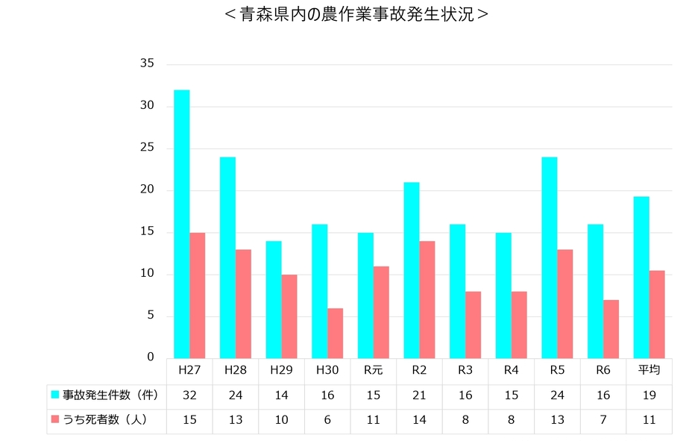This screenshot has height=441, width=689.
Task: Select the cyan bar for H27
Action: click(x=182, y=224)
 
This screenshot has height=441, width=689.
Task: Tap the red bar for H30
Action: click(x=336, y=333)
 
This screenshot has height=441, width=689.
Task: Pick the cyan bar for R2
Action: click(x=412, y=270)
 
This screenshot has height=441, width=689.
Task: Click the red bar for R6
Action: click(x=611, y=328)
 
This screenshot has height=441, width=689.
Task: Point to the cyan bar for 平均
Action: click(x=641, y=277)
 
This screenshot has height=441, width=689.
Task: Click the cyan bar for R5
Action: click(x=549, y=257)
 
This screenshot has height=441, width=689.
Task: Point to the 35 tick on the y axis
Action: click(x=147, y=64)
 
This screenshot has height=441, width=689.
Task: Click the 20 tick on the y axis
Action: click(x=147, y=190)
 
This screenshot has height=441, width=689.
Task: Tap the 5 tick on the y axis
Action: click(x=150, y=316)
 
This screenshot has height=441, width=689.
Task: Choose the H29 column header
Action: click(x=281, y=370)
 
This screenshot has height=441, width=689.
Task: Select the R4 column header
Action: click(x=511, y=370)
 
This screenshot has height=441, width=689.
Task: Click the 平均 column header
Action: click(x=649, y=370)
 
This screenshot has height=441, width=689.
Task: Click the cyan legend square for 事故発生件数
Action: click(x=54, y=395)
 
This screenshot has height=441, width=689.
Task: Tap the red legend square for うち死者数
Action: click(x=54, y=420)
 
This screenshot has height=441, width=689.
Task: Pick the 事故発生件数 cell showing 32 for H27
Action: click(x=189, y=395)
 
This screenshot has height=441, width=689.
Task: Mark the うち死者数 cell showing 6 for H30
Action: click(x=327, y=420)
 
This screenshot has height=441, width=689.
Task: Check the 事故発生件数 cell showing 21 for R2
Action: click(x=419, y=395)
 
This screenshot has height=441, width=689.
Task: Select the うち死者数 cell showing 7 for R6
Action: click(x=603, y=420)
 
